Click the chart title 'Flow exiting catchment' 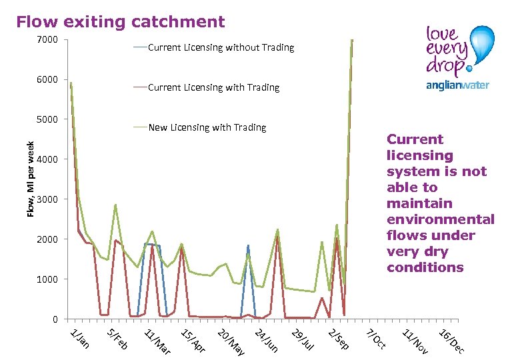tap(121, 22)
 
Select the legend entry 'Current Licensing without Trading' tap(220, 47)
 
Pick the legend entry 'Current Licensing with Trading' tap(213, 87)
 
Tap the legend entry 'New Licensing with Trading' tap(207, 127)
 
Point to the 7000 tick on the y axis tap(47, 39)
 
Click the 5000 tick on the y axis tap(47, 119)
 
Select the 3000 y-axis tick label tap(47, 199)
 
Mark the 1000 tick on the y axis tap(47, 279)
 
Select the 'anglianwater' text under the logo tap(457, 85)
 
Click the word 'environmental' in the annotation tap(440, 219)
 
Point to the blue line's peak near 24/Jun tap(248, 245)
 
